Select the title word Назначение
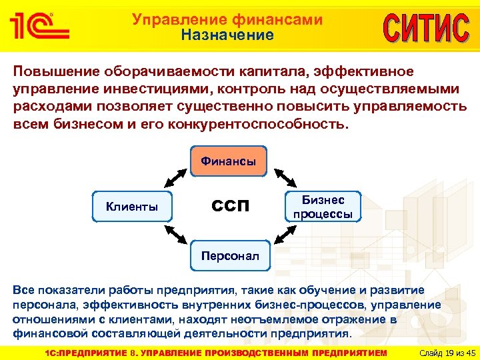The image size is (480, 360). pos(227,35)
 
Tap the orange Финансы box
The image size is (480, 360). pos(229,161)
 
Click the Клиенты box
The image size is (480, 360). pos(132,207)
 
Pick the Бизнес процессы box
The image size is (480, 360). pos(323,207)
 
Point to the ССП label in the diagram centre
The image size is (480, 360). pos(230,206)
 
